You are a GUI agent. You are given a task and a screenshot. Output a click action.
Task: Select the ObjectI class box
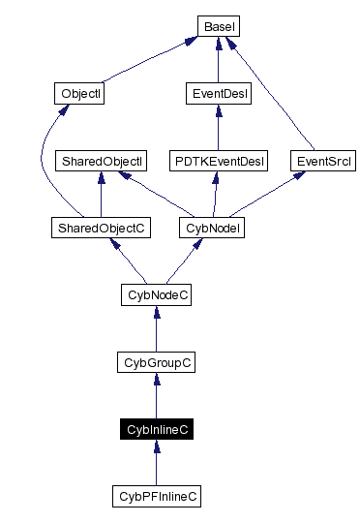point(78,94)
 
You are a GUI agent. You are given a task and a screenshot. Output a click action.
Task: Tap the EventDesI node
point(218,94)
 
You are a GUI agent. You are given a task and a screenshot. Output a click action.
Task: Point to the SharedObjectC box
point(101,228)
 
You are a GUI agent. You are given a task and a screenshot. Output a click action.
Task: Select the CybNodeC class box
point(156,294)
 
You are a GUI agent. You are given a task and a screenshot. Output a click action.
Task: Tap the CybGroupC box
point(156,362)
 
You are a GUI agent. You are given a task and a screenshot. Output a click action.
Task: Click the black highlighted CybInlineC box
point(156,429)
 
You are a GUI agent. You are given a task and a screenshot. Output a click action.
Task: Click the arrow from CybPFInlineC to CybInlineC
point(156,464)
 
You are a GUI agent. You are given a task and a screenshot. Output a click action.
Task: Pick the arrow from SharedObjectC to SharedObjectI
point(101,195)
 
